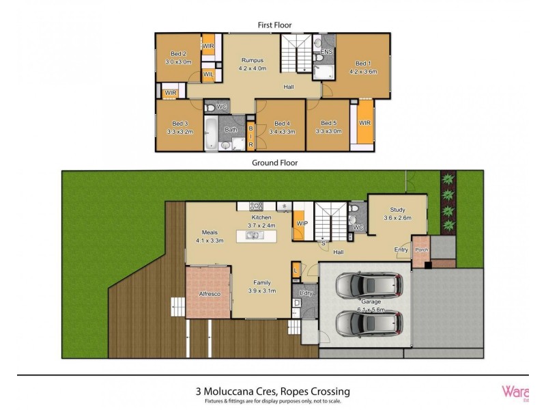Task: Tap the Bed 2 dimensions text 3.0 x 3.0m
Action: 178,61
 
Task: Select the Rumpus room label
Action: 252,60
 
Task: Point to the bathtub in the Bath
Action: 212,133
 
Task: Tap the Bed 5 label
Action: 329,123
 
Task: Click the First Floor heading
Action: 274,25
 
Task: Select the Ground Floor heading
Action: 274,163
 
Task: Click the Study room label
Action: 397,210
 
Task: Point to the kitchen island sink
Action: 252,236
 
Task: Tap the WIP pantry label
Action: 300,223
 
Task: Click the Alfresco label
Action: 209,292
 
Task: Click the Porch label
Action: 422,249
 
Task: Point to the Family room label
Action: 261,282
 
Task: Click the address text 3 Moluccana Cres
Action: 233,392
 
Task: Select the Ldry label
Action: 305,294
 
